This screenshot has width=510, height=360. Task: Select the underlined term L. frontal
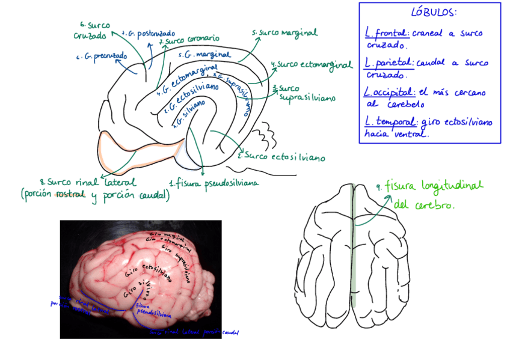tap(386, 34)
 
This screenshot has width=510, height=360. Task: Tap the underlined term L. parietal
tap(388, 63)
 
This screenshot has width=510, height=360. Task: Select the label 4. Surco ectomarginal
tap(311, 64)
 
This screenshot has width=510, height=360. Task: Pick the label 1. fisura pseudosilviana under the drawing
tap(214, 183)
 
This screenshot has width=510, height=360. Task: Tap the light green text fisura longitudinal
tap(433, 186)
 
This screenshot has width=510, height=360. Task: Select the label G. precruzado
tap(102, 56)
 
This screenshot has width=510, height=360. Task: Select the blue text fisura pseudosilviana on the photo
tap(153, 310)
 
